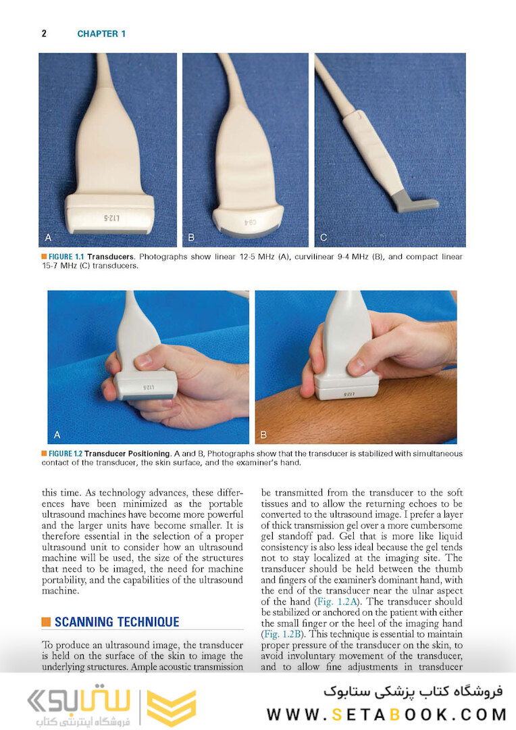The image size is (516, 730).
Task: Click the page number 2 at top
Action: (44, 34)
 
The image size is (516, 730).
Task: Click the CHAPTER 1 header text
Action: (101, 34)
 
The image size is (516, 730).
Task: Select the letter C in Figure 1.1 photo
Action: (324, 238)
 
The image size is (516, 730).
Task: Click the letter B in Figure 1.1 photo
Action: (191, 238)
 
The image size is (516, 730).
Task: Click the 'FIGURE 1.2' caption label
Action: (66, 454)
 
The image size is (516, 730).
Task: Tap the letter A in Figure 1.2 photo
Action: (57, 434)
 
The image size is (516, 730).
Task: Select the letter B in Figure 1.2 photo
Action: (263, 434)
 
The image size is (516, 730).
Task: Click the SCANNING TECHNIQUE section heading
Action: (117, 622)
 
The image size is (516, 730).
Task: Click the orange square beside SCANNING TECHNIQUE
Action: (46, 622)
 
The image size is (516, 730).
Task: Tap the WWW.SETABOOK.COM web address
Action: (386, 714)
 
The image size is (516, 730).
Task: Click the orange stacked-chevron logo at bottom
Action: (171, 708)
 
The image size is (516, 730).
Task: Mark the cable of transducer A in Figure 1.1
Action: (105, 74)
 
